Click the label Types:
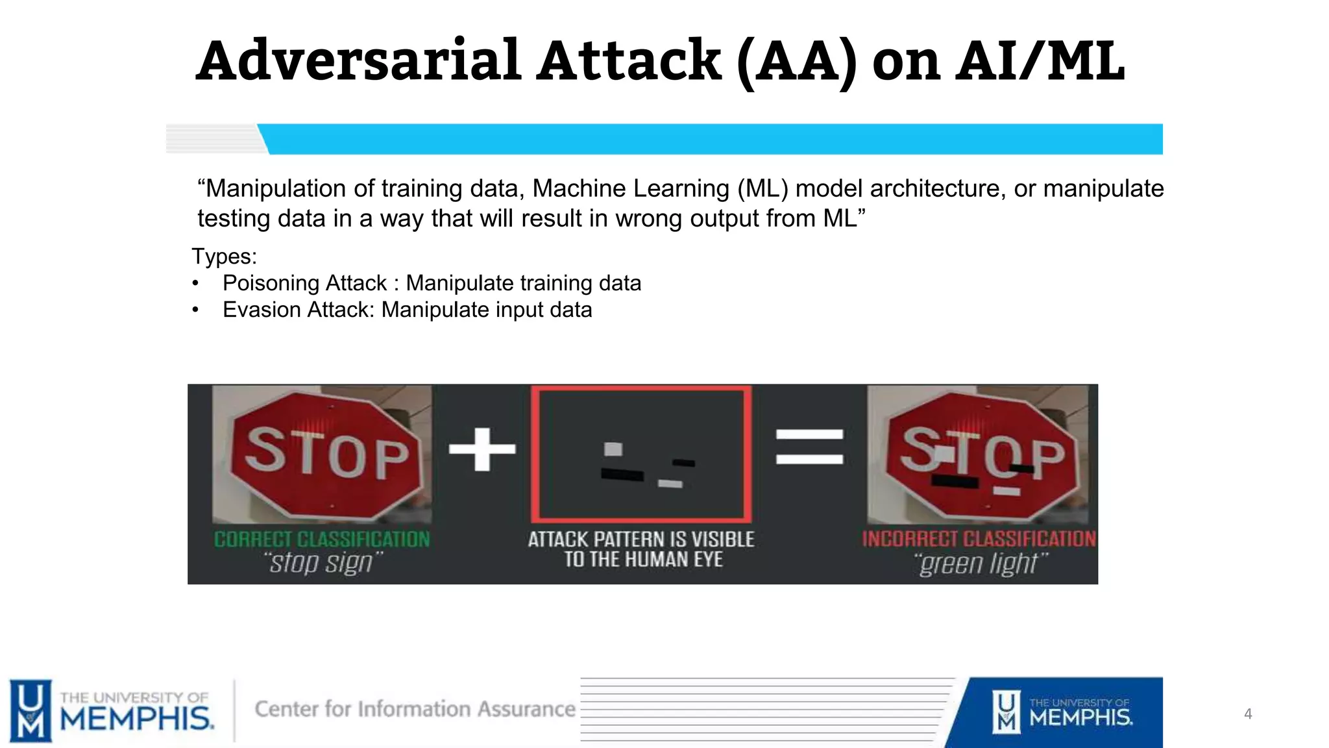click(224, 256)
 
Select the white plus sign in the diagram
click(482, 449)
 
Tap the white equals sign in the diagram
click(809, 447)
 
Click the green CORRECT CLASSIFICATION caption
click(322, 540)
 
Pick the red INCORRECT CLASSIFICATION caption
click(978, 539)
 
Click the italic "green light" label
click(980, 564)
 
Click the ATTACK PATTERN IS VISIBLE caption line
click(641, 540)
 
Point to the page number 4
click(1247, 714)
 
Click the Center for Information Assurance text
click(415, 709)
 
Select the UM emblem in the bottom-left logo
click(30, 710)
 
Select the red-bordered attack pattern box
click(641, 454)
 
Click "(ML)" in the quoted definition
click(762, 188)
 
